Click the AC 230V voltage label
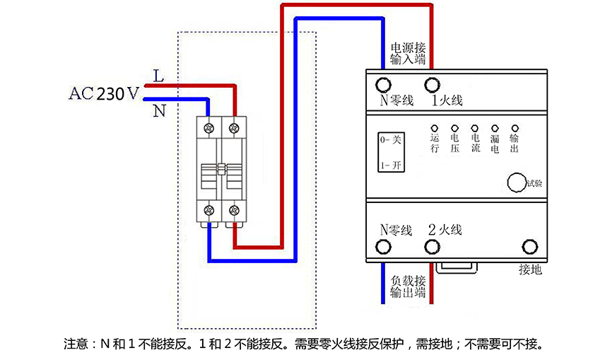104,93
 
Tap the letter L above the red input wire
158,76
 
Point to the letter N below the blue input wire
159,111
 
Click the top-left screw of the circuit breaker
209,128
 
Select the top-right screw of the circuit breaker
234,128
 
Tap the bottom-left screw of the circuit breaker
209,211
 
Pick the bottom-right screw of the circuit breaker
234,211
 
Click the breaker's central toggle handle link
221,169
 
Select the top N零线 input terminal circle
383,85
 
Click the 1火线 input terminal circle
432,85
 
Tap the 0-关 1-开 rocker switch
391,152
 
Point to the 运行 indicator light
435,128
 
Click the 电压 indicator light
454,128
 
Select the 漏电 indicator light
495,128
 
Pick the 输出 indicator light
515,128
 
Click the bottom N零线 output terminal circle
383,247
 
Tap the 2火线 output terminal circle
432,247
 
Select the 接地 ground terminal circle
530,247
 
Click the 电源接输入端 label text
408,54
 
